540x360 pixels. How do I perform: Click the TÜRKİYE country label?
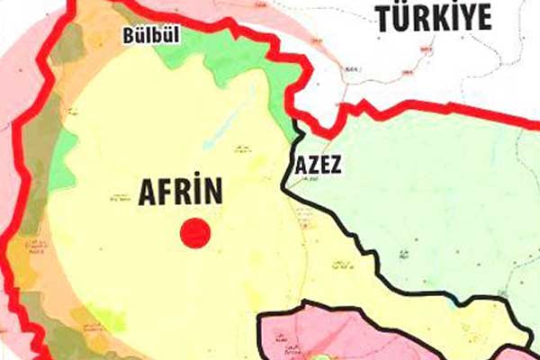click(x=434, y=17)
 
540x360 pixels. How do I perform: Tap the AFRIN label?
click(x=180, y=193)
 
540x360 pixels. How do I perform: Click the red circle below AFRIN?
click(x=195, y=233)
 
